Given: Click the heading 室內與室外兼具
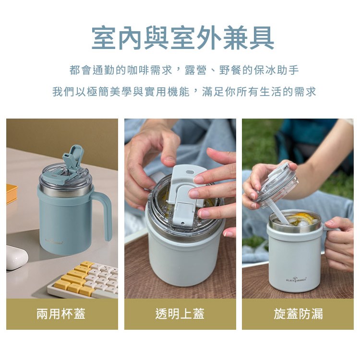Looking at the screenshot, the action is [183, 38].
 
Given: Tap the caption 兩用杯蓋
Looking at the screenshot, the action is [61, 313].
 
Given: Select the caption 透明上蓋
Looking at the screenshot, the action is [180, 313].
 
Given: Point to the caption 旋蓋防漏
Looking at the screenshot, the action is [298, 313].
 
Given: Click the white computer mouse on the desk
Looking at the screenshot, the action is [16, 257].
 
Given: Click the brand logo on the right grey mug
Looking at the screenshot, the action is [296, 280].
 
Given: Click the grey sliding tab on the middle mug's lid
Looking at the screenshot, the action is [185, 195].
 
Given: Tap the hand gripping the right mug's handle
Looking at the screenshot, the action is [339, 243].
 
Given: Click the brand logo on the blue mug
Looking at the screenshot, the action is [55, 241].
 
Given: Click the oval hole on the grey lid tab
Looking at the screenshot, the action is [190, 172].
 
